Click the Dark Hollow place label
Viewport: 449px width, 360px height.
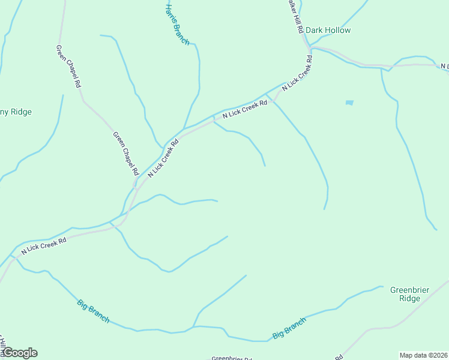pyautogui.click(x=328, y=30)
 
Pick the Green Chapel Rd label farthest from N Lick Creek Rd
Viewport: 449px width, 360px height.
pyautogui.click(x=68, y=67)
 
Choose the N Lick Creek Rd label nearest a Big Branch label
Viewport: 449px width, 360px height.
pyautogui.click(x=44, y=245)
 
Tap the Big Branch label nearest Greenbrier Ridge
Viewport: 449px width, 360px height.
pyautogui.click(x=289, y=327)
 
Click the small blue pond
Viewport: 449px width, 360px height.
pyautogui.click(x=349, y=103)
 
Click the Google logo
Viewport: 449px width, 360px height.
pyautogui.click(x=20, y=353)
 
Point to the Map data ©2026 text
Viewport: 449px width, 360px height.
pyautogui.click(x=423, y=355)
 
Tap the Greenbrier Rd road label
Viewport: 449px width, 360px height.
pyautogui.click(x=231, y=358)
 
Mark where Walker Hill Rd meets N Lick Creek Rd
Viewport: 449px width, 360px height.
pyautogui.click(x=308, y=47)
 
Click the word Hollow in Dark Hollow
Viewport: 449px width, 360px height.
pyautogui.click(x=338, y=30)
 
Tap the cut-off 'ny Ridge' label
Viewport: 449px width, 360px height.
pyautogui.click(x=16, y=112)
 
